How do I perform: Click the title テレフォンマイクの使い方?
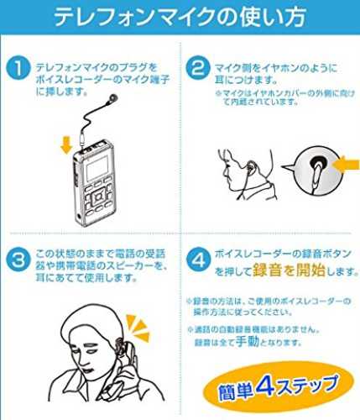coord(180,17)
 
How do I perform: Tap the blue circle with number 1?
coord(18,68)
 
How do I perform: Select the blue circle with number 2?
coord(198,67)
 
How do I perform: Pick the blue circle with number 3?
coord(18,260)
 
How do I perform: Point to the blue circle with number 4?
coord(198,260)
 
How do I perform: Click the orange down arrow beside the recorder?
coord(66,145)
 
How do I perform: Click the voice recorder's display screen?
coord(97,168)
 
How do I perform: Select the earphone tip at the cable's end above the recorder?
coord(113,97)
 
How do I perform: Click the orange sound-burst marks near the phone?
coord(138,327)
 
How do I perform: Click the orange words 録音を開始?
coord(290,270)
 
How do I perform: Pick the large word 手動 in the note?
coord(248,341)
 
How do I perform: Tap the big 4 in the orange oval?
coord(266,386)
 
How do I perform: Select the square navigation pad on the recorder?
coord(97,197)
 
